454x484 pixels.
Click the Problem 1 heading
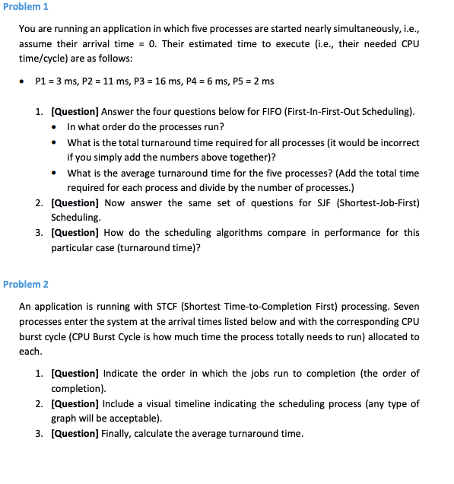(x=25, y=7)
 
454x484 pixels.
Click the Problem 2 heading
(x=25, y=284)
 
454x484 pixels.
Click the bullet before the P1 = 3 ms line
(x=25, y=81)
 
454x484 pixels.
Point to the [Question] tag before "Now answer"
(x=75, y=202)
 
